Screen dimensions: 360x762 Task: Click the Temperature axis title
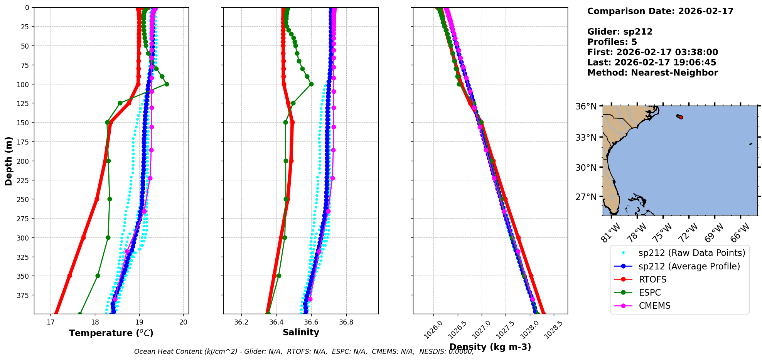tap(111, 333)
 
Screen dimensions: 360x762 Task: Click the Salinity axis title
tap(301, 332)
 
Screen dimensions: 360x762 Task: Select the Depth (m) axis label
tap(8, 161)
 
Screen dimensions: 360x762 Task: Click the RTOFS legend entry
tap(652, 279)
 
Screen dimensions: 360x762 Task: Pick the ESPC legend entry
tap(650, 293)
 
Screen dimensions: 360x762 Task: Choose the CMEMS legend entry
tap(654, 306)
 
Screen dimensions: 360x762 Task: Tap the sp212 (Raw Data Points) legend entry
tap(691, 253)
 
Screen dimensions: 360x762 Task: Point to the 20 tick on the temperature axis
tap(184, 322)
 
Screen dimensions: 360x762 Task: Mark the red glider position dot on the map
tap(681, 117)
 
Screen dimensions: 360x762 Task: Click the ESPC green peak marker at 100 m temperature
tap(167, 84)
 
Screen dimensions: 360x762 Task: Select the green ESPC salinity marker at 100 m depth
tap(311, 84)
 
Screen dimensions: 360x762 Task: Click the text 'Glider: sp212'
tap(620, 32)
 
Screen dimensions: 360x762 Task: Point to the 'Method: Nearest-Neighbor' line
tap(652, 73)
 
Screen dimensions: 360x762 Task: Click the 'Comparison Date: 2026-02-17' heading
tap(660, 11)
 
